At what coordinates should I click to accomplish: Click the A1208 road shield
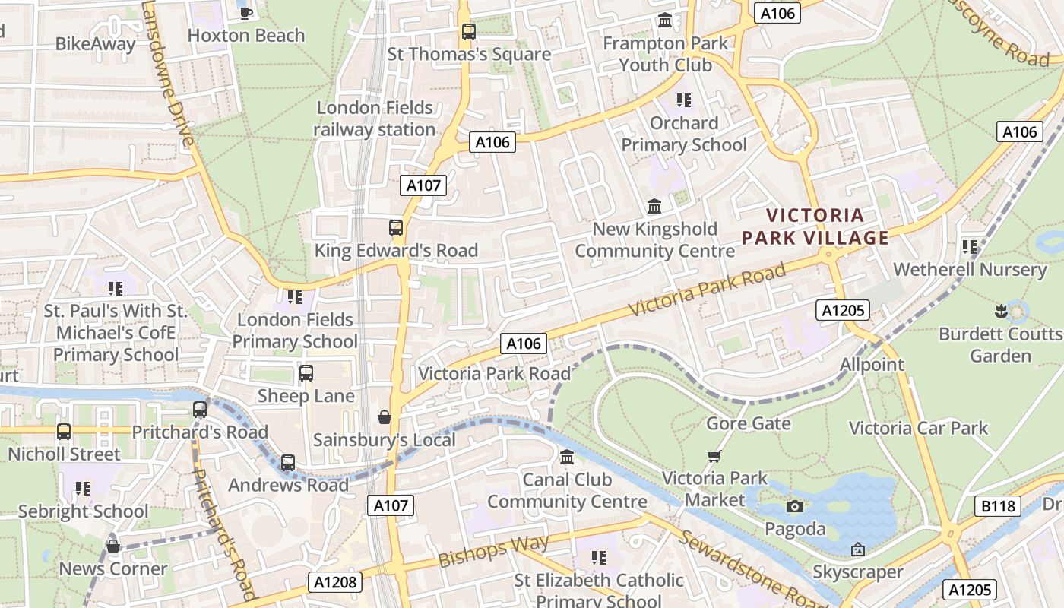pyautogui.click(x=335, y=583)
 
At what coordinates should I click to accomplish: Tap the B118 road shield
pyautogui.click(x=996, y=506)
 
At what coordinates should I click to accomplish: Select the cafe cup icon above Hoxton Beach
pyautogui.click(x=245, y=12)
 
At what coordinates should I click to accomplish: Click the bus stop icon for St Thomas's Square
pyautogui.click(x=469, y=32)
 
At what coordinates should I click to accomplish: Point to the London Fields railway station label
pyautogui.click(x=375, y=119)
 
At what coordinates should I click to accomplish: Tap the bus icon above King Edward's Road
pyautogui.click(x=395, y=228)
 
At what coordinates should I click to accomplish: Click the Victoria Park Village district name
pyautogui.click(x=815, y=226)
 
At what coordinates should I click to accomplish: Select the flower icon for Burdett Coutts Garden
pyautogui.click(x=1001, y=311)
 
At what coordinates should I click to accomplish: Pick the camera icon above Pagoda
pyautogui.click(x=795, y=506)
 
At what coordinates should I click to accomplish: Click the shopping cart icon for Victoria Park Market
pyautogui.click(x=714, y=456)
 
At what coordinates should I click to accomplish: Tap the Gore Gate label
pyautogui.click(x=749, y=423)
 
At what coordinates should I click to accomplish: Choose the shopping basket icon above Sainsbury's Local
pyautogui.click(x=385, y=417)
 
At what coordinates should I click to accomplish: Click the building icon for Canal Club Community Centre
pyautogui.click(x=567, y=458)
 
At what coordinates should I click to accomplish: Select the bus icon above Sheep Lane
pyautogui.click(x=306, y=373)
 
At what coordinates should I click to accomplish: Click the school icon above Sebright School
pyautogui.click(x=83, y=489)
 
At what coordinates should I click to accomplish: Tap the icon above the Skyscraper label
pyautogui.click(x=858, y=549)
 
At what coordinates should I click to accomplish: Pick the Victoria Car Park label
pyautogui.click(x=918, y=428)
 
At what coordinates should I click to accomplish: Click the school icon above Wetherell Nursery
pyautogui.click(x=970, y=247)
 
